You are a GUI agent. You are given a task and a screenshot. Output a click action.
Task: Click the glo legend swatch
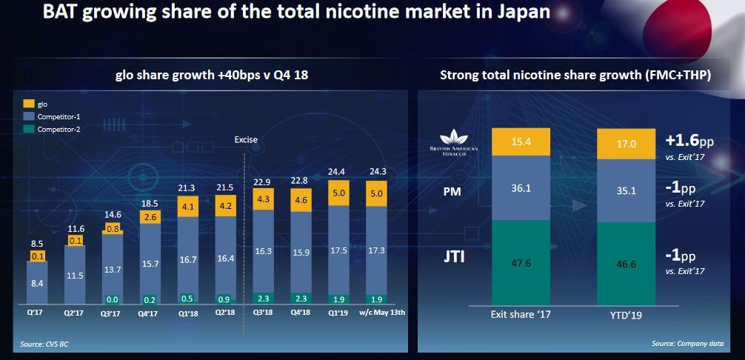click(30, 104)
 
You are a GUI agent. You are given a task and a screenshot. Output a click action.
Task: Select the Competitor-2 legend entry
click(55, 130)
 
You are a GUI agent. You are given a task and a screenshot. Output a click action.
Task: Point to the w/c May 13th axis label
click(376, 312)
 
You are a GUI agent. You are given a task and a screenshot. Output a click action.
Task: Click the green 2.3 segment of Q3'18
click(264, 298)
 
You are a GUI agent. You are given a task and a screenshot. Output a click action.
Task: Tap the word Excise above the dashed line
click(245, 139)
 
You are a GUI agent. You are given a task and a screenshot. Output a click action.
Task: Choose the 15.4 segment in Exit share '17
click(522, 141)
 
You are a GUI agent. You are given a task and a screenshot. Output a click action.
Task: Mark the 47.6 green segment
click(522, 261)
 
